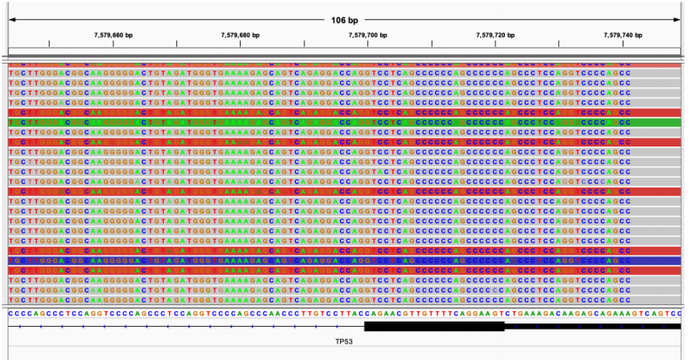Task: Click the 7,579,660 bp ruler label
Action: [x=113, y=35]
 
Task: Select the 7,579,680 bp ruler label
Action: [x=241, y=35]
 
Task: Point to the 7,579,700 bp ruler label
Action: [x=368, y=35]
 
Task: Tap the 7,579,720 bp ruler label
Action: [x=495, y=35]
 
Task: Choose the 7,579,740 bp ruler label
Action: [x=623, y=35]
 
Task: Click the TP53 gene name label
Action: [x=348, y=342]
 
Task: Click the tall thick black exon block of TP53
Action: [x=433, y=326]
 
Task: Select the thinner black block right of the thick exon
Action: [x=593, y=326]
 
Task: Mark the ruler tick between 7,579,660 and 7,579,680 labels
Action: [x=177, y=44]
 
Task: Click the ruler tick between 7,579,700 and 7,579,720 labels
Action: [x=432, y=44]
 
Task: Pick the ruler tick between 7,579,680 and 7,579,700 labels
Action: [x=304, y=44]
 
